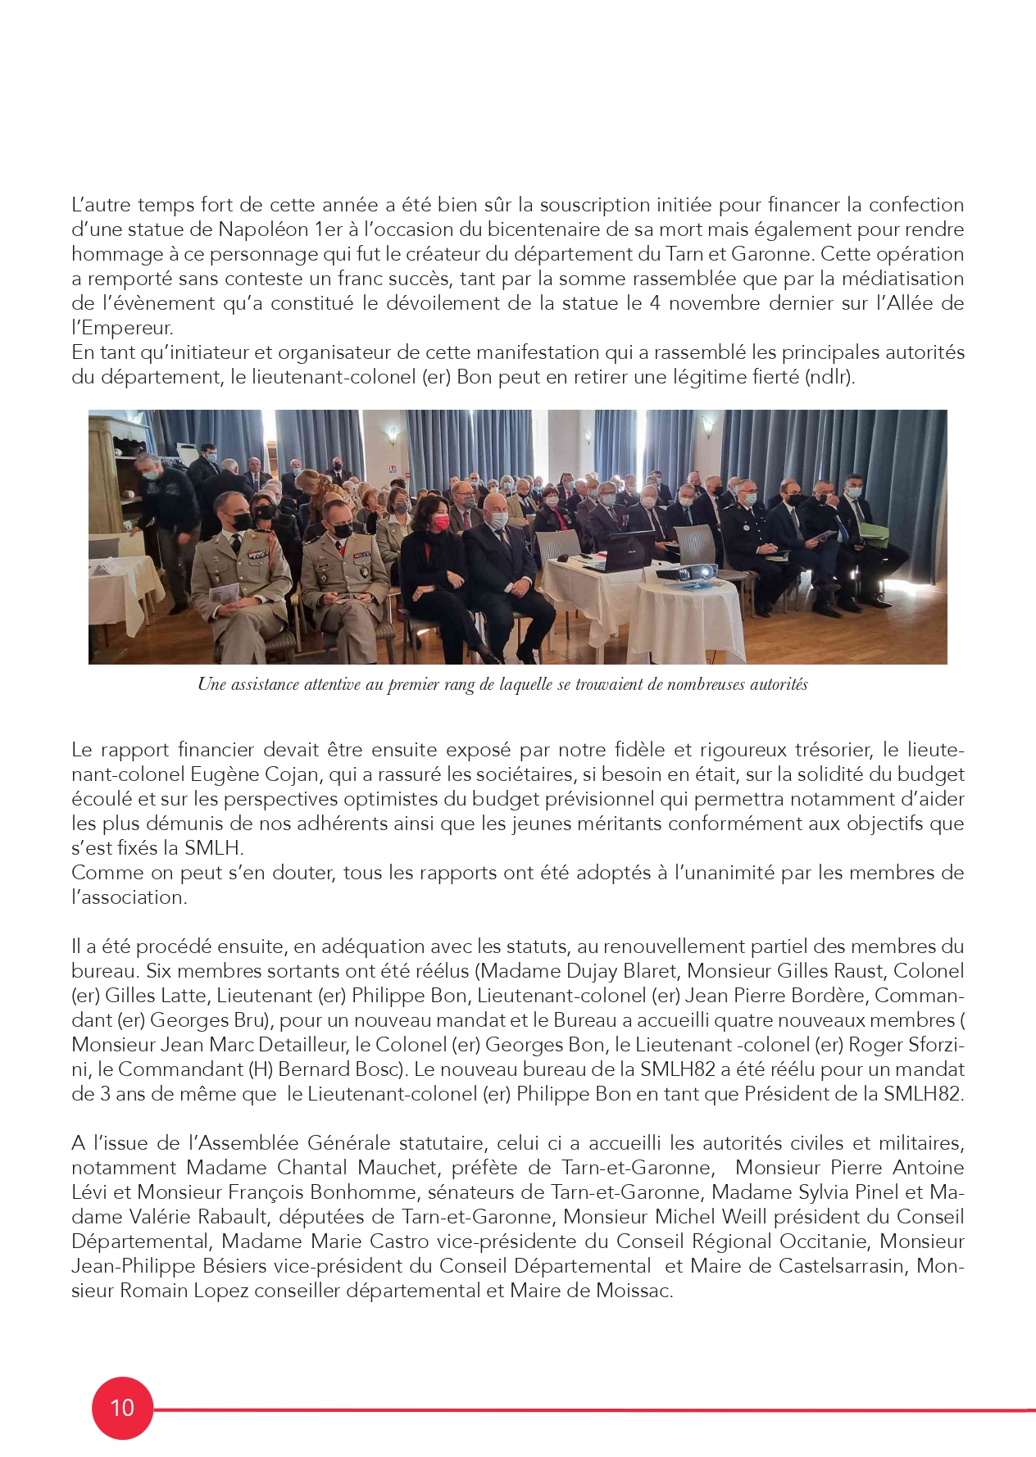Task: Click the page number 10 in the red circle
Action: tap(122, 1408)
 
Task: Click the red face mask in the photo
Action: tap(440, 523)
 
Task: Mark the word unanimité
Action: tap(723, 873)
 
